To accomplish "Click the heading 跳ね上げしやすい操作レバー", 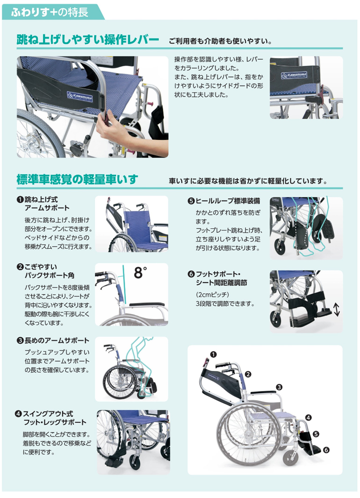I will pos(88,39).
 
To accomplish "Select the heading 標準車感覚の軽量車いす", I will pos(77,179).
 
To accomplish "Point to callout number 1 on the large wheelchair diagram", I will pos(214,354).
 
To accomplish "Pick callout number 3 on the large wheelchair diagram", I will pos(279,387).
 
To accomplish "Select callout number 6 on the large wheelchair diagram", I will pos(326,450).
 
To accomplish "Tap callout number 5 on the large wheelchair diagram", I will pos(316,433).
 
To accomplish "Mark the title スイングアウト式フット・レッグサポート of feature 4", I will pos(54,418).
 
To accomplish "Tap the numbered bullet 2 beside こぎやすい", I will pos(20,267).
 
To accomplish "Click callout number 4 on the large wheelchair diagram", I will pos(309,417).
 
